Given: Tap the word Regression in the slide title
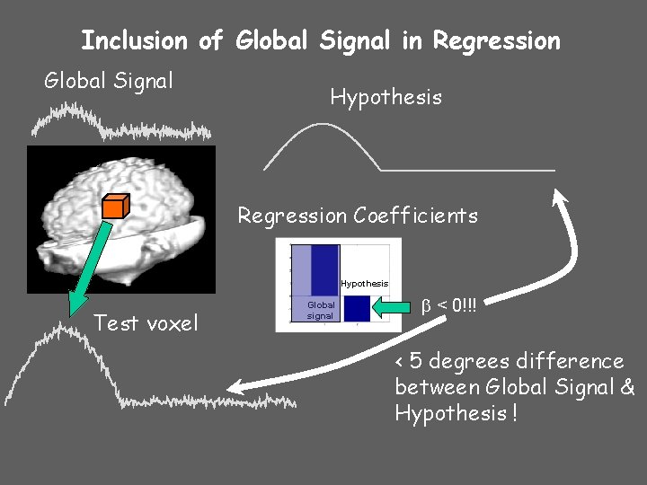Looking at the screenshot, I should [x=496, y=40].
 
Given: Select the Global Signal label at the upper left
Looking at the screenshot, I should [x=109, y=82].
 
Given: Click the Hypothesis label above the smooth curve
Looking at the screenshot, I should [x=386, y=97].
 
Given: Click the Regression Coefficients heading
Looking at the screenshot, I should [x=358, y=216].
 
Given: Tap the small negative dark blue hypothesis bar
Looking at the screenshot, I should [x=357, y=308].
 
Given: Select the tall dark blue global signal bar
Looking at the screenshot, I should [x=324, y=269].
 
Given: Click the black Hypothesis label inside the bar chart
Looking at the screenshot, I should [x=364, y=284].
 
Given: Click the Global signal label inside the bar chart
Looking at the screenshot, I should [x=321, y=311].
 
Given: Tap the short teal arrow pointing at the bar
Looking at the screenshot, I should [x=394, y=308].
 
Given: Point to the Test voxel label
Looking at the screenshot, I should [x=146, y=323].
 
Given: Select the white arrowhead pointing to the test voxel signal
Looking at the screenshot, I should [x=235, y=388].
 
